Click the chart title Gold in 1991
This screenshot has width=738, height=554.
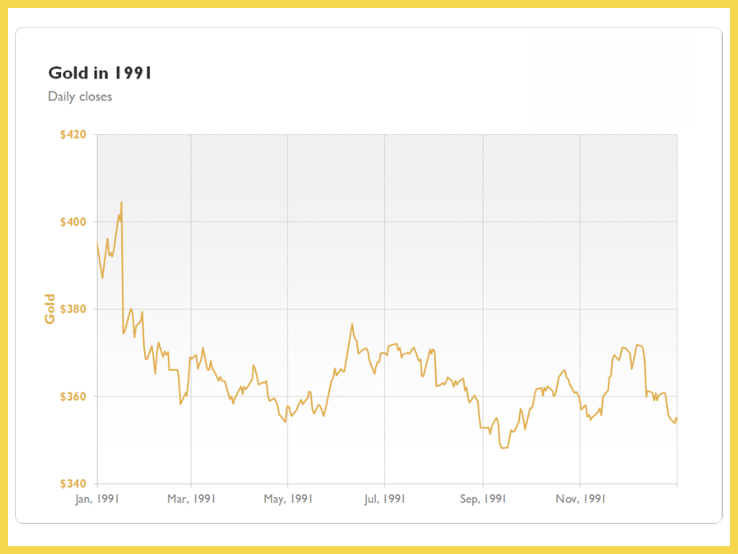[99, 73]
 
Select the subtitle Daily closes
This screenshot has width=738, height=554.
[80, 96]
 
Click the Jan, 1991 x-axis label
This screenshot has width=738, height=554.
[97, 498]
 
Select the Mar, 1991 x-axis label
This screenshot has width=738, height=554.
[191, 498]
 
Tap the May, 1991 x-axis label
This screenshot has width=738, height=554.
[288, 498]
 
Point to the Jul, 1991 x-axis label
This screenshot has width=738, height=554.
[384, 498]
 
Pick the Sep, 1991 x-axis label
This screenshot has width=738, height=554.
[483, 498]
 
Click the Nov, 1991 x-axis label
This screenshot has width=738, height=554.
[579, 498]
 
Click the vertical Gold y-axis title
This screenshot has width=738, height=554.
[50, 309]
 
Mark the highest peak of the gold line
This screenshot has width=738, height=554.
[121, 202]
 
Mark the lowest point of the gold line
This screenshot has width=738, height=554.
[502, 448]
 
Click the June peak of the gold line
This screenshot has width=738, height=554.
[352, 324]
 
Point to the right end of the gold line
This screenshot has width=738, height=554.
[677, 419]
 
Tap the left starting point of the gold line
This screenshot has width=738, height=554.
[97, 244]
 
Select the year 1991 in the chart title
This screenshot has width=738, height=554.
[133, 73]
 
